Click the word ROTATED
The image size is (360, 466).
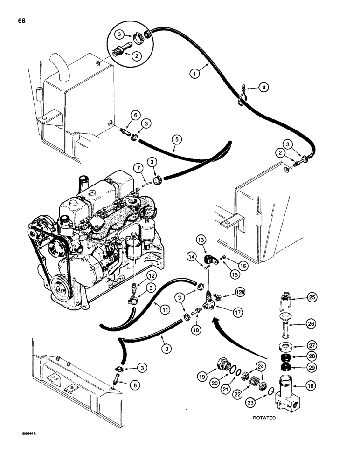[264, 418]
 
